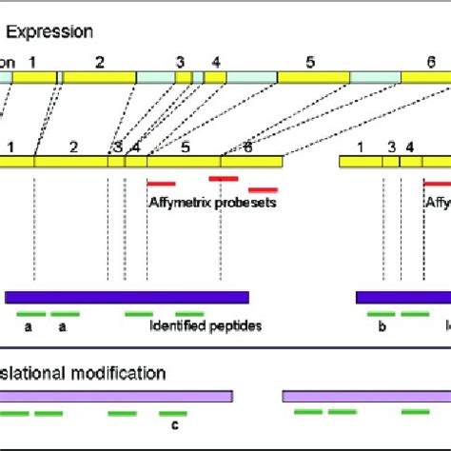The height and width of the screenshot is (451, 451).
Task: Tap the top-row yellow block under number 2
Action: click(98, 78)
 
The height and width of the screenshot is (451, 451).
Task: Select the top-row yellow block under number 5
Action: click(310, 78)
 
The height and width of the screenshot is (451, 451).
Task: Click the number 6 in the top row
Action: click(430, 60)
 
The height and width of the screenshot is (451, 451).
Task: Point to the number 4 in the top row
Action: click(217, 61)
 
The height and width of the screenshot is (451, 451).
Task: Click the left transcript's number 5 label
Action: click(186, 147)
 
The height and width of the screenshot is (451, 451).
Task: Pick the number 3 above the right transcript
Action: click(391, 147)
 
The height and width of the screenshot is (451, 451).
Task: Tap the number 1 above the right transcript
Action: click(361, 147)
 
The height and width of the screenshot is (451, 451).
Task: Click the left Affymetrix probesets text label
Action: click(212, 202)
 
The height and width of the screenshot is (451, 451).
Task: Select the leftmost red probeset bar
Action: click(161, 183)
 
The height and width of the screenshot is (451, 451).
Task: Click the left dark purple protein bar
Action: click(127, 297)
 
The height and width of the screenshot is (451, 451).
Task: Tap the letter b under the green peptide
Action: click(381, 325)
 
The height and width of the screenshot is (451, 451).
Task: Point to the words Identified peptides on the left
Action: click(206, 325)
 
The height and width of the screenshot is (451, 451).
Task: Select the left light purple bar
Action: click(115, 394)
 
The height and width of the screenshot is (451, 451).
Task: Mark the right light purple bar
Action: click(365, 394)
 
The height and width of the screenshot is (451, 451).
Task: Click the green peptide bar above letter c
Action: click(172, 414)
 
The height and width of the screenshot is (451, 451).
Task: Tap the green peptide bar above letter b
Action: click(381, 313)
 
